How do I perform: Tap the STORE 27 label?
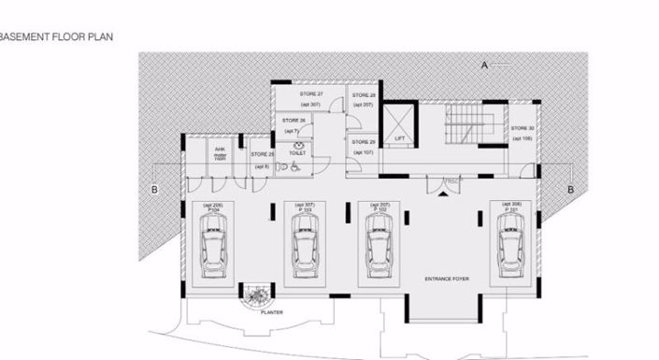coord(311,94)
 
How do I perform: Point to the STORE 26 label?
coord(294,121)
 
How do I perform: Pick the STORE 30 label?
coord(523,128)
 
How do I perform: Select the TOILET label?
coord(298,152)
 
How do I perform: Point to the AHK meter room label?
coord(220,153)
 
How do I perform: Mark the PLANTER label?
coord(272,313)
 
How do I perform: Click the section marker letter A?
coord(485,65)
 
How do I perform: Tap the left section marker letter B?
coord(155,190)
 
